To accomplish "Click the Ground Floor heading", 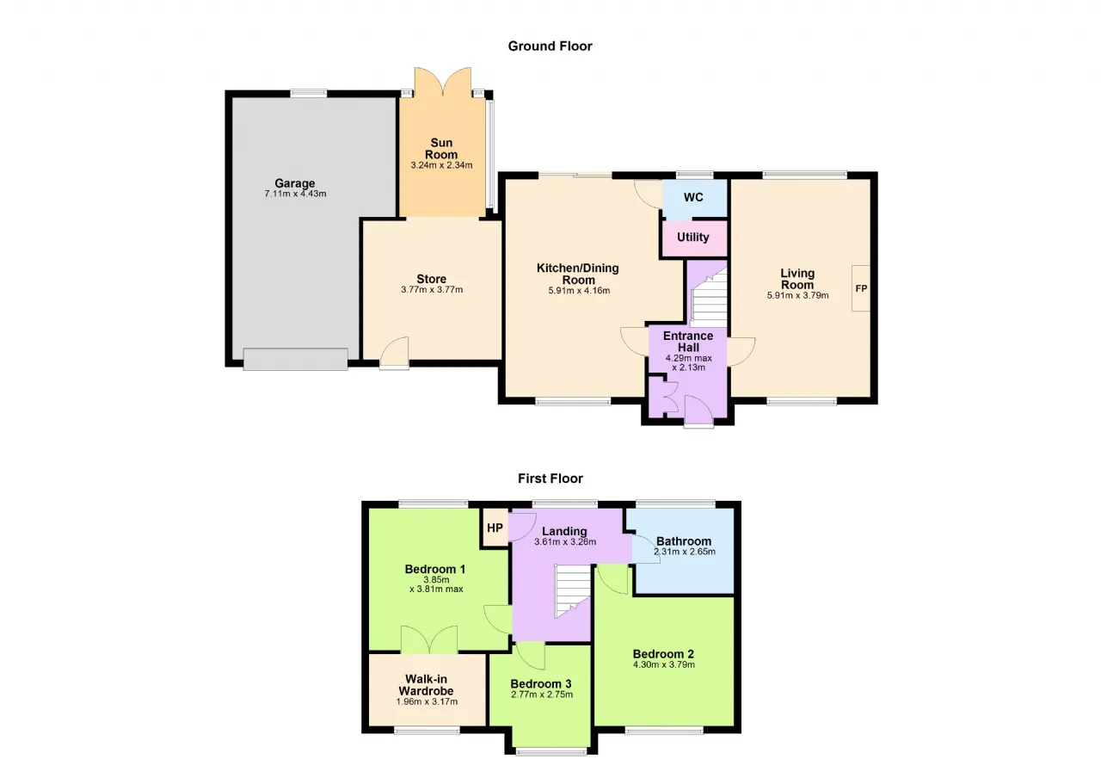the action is [550, 46].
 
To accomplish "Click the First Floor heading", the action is [550, 479].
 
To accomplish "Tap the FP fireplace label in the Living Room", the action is [861, 288].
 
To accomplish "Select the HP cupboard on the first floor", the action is [495, 528].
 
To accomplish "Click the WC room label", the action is [693, 197].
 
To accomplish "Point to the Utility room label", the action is [693, 237].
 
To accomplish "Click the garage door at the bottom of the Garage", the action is [295, 359].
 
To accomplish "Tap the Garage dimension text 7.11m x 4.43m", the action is [295, 194].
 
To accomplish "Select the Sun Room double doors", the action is [443, 81].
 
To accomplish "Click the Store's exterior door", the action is [395, 353].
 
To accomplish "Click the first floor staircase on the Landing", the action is [573, 590].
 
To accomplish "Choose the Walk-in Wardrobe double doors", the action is [429, 639].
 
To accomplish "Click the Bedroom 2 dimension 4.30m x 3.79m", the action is [663, 665].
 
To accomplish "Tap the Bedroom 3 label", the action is [541, 683].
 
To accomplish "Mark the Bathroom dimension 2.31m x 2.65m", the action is [684, 552].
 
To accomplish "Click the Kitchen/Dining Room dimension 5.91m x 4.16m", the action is [579, 291].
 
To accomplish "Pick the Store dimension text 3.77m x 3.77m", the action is [432, 290].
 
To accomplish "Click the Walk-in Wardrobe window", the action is [427, 732].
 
